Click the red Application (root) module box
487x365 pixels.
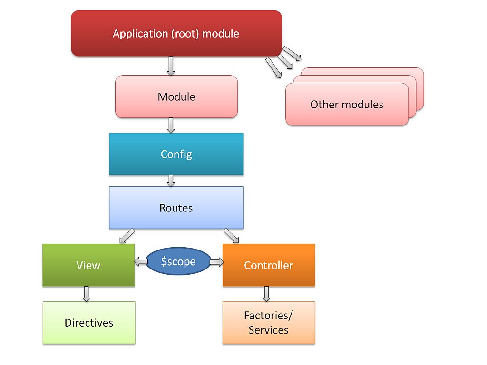[x=176, y=34]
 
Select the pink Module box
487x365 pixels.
[x=176, y=96]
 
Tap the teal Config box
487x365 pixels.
[x=176, y=154]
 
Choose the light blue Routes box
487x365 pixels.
[x=176, y=208]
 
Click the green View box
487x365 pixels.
[x=88, y=265]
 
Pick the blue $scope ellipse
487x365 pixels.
[x=178, y=261]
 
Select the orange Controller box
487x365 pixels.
[x=268, y=265]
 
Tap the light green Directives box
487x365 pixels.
[x=89, y=323]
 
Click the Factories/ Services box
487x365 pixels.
[x=268, y=323]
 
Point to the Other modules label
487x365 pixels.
[x=347, y=105]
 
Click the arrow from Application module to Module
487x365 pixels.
[x=171, y=66]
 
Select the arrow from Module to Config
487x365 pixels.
[x=171, y=125]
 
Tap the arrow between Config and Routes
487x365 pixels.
[x=171, y=181]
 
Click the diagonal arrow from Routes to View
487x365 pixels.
[x=127, y=236]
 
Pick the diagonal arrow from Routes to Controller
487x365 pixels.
[x=232, y=236]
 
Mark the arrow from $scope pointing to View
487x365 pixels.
[x=140, y=261]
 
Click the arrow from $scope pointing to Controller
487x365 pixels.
[x=217, y=261]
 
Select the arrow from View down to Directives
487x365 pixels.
[x=86, y=294]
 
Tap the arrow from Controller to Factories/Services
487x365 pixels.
[x=266, y=294]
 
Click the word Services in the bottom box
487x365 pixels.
[x=268, y=330]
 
